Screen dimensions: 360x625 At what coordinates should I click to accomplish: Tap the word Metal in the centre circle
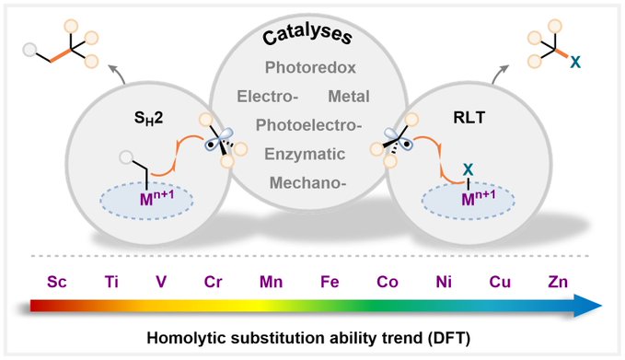click(349, 97)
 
